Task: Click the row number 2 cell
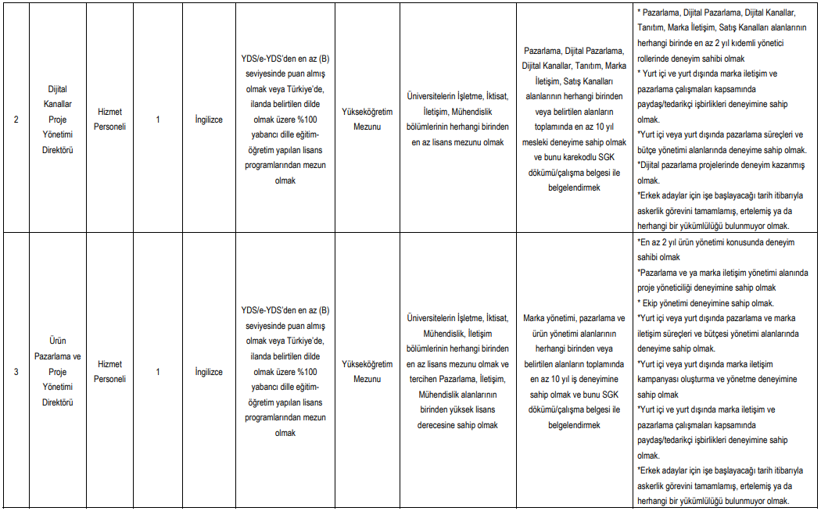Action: [x=16, y=120]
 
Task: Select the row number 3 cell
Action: [x=16, y=371]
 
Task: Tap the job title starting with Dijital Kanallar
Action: [x=58, y=120]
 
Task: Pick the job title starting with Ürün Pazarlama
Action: [x=58, y=371]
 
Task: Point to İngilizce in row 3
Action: [x=210, y=372]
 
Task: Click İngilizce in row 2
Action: [x=210, y=120]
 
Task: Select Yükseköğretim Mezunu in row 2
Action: [x=367, y=120]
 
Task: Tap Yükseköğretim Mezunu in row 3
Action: [x=367, y=371]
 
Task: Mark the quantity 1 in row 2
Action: [x=158, y=120]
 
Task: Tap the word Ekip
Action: [x=654, y=303]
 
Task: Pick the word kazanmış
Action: [x=783, y=165]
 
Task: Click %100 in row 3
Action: [x=303, y=372]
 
